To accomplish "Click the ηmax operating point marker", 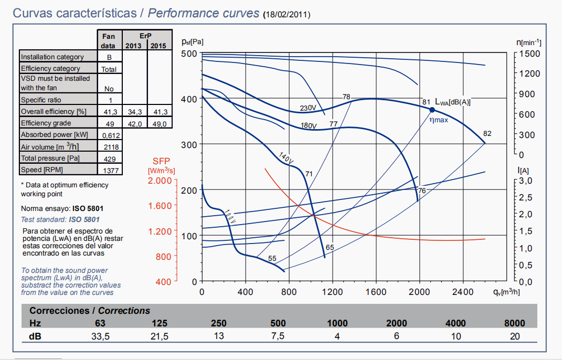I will point(432,110).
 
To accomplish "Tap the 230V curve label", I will point(308,108).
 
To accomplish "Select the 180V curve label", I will point(309,126).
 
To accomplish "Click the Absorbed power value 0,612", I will point(110,135).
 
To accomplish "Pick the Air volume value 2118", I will point(110,147).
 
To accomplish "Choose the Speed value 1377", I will point(110,170).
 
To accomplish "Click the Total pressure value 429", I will point(110,158).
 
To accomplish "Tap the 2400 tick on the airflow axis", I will point(463,292).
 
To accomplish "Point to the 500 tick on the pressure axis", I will point(189,54).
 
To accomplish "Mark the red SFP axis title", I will point(162,161).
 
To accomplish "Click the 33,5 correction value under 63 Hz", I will point(100,336).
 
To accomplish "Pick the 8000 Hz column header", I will point(514,323).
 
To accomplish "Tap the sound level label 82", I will point(487,133).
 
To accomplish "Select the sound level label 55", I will point(272,258).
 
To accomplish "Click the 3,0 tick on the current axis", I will point(525,181).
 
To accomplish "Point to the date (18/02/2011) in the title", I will point(287,15).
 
